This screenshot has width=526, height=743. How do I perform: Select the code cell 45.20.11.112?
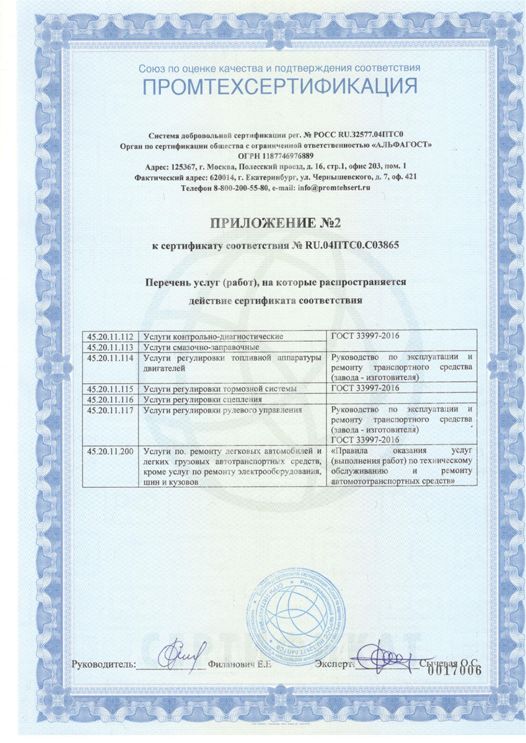[112, 336]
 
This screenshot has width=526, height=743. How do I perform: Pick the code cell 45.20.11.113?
[112, 347]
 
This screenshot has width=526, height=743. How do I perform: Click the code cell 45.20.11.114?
[112, 357]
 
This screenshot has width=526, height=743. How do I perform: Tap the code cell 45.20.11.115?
[112, 389]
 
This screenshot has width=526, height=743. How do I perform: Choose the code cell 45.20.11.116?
[112, 399]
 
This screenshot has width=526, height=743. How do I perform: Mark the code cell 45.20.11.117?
[112, 410]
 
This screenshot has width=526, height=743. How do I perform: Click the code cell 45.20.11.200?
[112, 451]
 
